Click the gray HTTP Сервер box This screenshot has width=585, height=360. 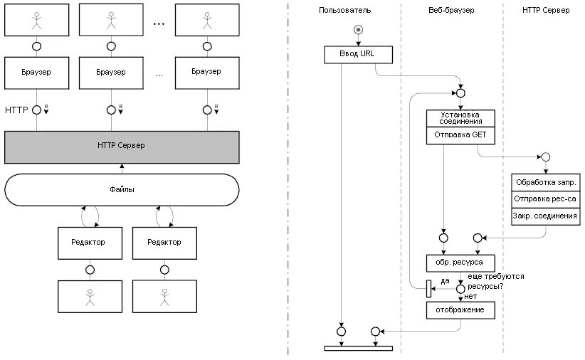(x=122, y=147)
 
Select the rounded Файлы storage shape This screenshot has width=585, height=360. (x=122, y=189)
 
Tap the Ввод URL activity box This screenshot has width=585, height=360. (x=358, y=55)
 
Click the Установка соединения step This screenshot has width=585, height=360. (x=460, y=118)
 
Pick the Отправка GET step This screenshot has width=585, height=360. (x=460, y=135)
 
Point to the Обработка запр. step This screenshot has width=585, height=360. (x=545, y=182)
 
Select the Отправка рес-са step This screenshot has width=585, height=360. (x=545, y=199)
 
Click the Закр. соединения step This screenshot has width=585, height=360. (x=545, y=216)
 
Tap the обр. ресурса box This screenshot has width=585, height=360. (x=460, y=263)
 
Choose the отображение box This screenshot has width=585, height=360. (x=460, y=310)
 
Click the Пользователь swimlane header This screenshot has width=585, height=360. (x=344, y=10)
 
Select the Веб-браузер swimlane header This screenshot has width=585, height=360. (x=451, y=10)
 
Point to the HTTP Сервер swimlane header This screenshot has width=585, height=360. (x=546, y=10)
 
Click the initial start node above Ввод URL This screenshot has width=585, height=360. (x=358, y=29)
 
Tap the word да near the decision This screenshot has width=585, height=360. (x=445, y=281)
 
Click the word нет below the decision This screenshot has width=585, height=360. (x=470, y=296)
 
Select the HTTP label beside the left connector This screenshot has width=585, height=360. (x=16, y=110)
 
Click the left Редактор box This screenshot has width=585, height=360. (x=90, y=243)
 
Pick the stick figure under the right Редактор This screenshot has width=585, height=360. (x=164, y=297)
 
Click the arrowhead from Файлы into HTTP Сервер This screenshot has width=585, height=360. (x=122, y=166)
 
